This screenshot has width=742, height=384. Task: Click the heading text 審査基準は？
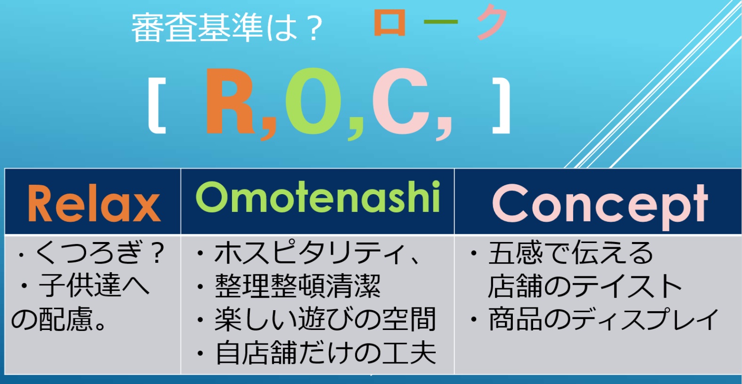pos(227,28)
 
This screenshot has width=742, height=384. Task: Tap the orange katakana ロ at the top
pos(390,23)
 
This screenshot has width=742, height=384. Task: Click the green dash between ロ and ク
pos(441,22)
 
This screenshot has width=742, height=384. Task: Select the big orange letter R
pos(229,101)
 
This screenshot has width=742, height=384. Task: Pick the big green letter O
pos(313,101)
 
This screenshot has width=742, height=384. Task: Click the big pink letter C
pos(401,101)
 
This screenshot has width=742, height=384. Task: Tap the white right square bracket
pos(501,106)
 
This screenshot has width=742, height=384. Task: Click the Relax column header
pos(95,203)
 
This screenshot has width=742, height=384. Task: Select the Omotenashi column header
pos(318,197)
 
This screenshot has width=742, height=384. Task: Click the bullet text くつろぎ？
pos(99,252)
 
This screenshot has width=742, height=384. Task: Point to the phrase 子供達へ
pos(94,285)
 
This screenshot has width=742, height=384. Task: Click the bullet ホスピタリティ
pos(316,253)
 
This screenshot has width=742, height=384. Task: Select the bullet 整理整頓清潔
pos(297,286)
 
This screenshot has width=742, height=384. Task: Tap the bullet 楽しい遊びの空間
pos(325,320)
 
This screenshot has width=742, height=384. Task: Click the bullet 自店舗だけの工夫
pos(326,353)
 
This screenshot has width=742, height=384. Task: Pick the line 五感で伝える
pos(571,252)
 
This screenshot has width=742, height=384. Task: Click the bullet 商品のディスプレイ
pos(603,320)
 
